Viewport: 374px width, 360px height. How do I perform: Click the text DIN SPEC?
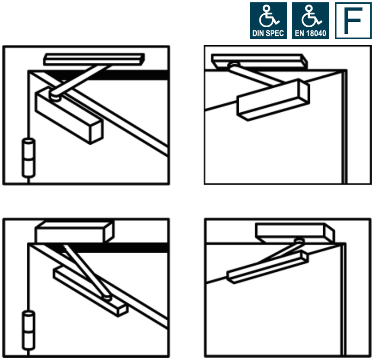[x=268, y=34]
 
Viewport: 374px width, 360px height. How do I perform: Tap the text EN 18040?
[x=310, y=34]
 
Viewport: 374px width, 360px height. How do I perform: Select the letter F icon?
[x=353, y=21]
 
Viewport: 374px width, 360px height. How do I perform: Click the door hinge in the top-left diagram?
[x=29, y=157]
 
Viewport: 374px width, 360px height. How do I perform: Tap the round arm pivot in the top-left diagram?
[x=56, y=97]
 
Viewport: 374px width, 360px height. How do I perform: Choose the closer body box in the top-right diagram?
[x=272, y=99]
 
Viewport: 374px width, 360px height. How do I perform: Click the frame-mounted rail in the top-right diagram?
[x=259, y=61]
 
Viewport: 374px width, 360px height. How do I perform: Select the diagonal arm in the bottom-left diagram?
[x=85, y=273]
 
